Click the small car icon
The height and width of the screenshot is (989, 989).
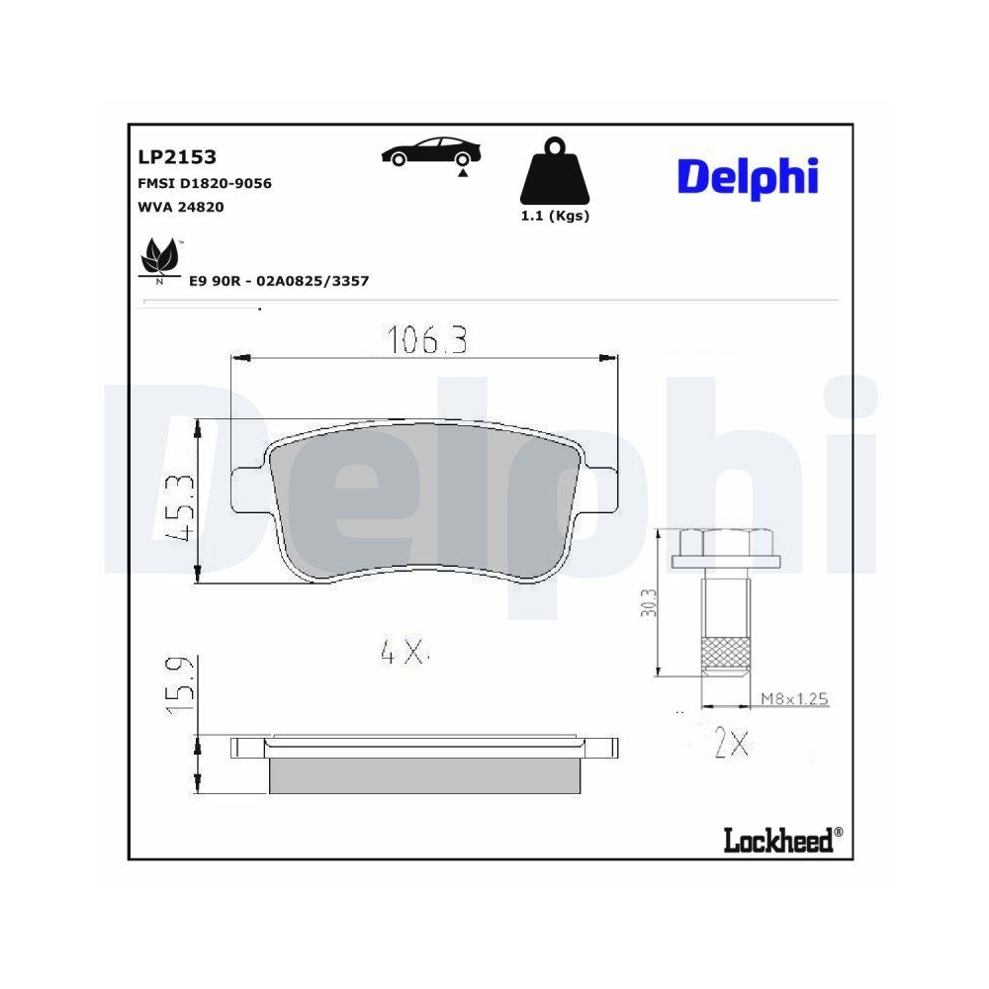tap(431, 153)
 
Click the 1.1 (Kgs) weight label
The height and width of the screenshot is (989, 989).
tap(555, 217)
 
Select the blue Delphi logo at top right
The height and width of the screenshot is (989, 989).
tap(748, 176)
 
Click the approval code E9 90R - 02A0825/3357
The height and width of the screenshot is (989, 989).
tap(279, 281)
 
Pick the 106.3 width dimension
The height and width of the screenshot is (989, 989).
tap(426, 341)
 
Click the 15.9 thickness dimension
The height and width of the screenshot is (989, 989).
tap(179, 684)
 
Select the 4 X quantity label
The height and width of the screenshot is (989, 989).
tap(402, 651)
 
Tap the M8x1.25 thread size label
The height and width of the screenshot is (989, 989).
tap(793, 698)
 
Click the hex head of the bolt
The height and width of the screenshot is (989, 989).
tap(726, 544)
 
